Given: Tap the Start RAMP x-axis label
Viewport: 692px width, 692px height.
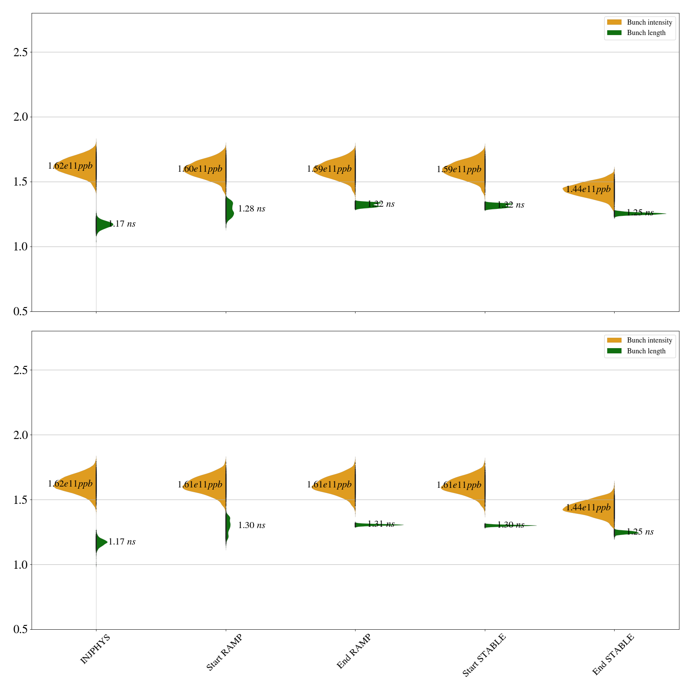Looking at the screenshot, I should pyautogui.click(x=224, y=652).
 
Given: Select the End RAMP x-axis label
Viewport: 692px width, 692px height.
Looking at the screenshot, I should pyautogui.click(x=354, y=651).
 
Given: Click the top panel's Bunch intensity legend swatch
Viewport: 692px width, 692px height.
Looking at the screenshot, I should pyautogui.click(x=614, y=22).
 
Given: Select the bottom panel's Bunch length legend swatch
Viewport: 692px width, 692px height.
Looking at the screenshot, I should pyautogui.click(x=614, y=351).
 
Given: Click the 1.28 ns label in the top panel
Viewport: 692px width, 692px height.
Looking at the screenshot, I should pyautogui.click(x=252, y=209).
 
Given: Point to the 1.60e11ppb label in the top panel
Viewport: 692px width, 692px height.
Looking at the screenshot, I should pyautogui.click(x=200, y=169).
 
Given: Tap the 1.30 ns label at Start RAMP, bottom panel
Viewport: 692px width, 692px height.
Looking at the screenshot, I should pyautogui.click(x=252, y=525).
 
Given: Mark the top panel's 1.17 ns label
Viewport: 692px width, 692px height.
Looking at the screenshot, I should pyautogui.click(x=122, y=224).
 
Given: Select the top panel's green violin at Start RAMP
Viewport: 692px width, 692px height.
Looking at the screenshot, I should pyautogui.click(x=229, y=210).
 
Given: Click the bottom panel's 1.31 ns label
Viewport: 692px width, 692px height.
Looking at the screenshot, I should pyautogui.click(x=381, y=524).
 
